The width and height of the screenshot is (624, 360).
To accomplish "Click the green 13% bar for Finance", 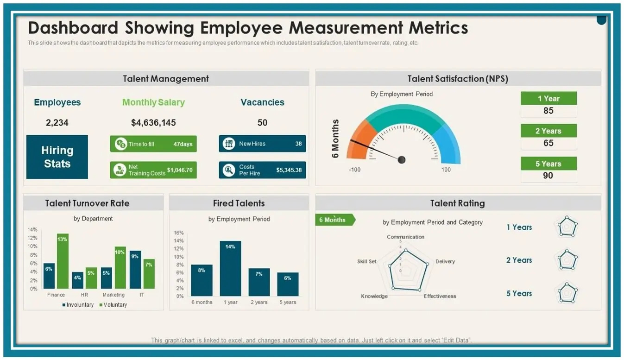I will click(63, 261).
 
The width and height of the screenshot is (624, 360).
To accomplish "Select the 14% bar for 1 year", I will click(230, 269).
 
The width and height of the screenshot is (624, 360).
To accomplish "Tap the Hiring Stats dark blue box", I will click(57, 157).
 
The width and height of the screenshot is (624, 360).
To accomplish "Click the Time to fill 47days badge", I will click(153, 144).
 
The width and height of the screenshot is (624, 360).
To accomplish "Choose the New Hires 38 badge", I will click(262, 144).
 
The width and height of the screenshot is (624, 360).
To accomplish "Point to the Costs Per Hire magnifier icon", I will click(228, 170).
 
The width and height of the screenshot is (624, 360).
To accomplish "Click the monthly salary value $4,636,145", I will click(153, 123).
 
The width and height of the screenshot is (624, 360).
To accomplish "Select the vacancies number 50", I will click(262, 123).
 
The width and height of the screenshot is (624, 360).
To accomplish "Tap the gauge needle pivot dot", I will click(402, 160).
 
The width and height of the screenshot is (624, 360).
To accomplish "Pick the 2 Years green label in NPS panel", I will click(548, 131).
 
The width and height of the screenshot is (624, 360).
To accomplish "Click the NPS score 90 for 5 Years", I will click(548, 176).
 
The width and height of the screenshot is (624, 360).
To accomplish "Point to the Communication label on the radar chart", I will click(405, 237).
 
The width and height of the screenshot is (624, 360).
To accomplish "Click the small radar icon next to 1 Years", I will click(567, 227).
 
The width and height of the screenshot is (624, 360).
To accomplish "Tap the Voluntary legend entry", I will click(113, 305).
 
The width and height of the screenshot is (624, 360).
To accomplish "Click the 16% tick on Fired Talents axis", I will click(179, 233).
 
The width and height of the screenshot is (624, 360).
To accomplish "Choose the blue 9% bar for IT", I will click(135, 270).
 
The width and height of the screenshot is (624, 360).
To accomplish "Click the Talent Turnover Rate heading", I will click(88, 203).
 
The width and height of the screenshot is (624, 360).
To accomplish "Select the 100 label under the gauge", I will click(446, 170).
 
